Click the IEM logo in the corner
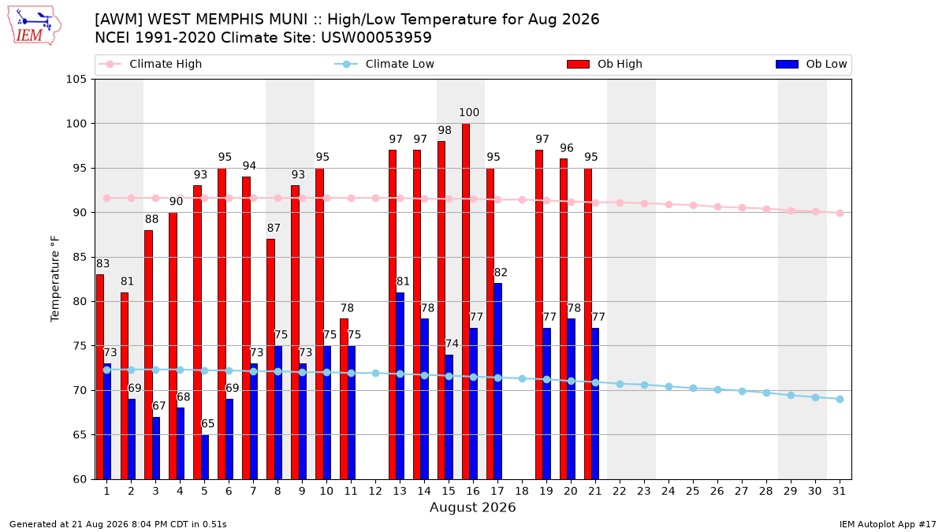click(x=34, y=26)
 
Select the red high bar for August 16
click(x=466, y=301)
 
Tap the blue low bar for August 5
click(x=205, y=457)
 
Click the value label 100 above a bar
click(x=469, y=112)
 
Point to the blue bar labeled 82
click(x=498, y=381)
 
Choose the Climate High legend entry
click(x=150, y=64)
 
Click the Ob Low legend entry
click(x=811, y=64)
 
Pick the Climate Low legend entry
click(x=385, y=64)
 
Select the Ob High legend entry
click(x=605, y=64)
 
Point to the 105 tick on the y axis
click(x=76, y=80)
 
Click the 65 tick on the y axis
click(x=80, y=435)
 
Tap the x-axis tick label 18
click(x=522, y=491)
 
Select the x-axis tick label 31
click(x=839, y=491)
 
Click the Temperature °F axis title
click(x=55, y=279)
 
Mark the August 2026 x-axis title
click(x=472, y=507)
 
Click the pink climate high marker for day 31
click(x=840, y=214)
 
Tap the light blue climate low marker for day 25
click(x=693, y=388)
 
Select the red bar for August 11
click(x=344, y=399)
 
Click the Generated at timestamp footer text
click(x=117, y=524)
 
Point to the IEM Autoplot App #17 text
click(x=888, y=524)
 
